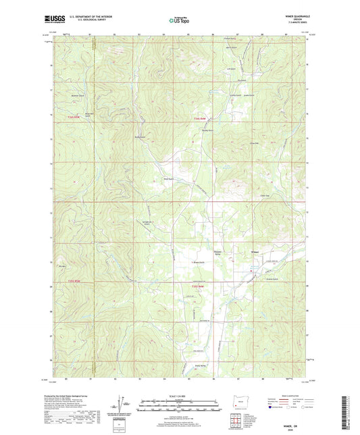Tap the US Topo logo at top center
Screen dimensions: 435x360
pyautogui.click(x=179, y=21)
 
